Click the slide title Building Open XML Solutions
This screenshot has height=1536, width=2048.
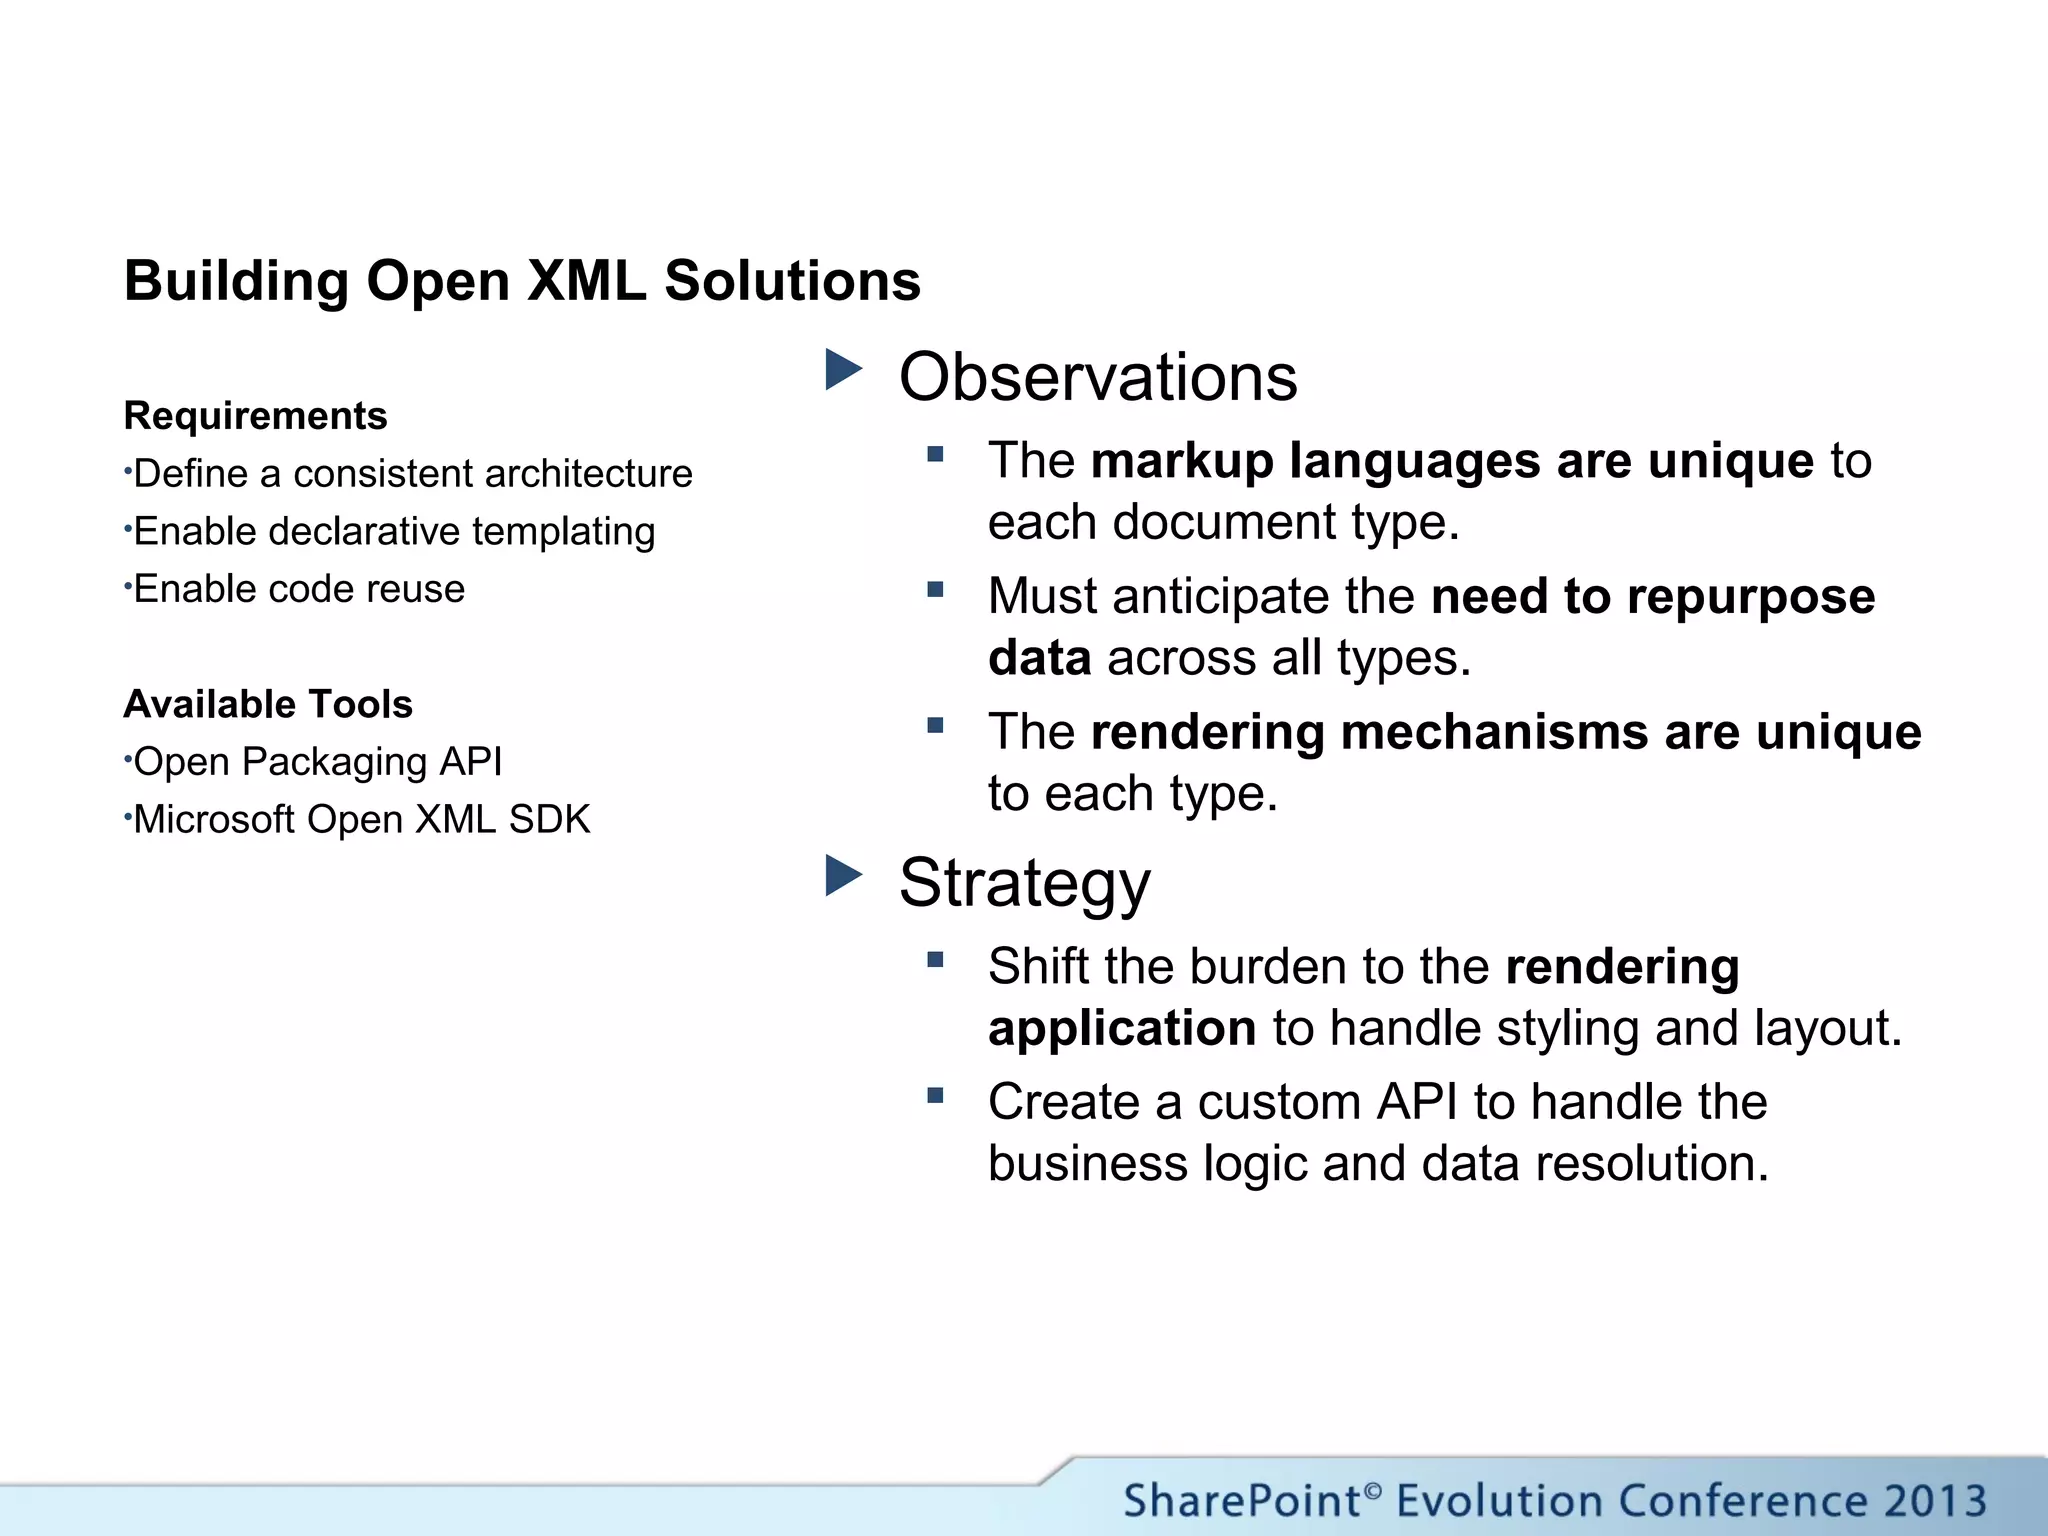[522, 281]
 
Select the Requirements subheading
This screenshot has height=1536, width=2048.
[255, 416]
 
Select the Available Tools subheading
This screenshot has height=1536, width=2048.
[268, 705]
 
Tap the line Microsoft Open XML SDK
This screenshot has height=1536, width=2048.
[361, 820]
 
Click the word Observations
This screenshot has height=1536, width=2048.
[1097, 378]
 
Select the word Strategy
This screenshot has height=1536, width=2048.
[1024, 883]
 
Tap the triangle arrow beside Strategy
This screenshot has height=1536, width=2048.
[843, 876]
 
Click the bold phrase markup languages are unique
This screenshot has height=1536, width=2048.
[1451, 461]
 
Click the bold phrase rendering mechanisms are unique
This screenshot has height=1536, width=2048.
[1505, 732]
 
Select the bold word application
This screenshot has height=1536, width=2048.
[1121, 1029]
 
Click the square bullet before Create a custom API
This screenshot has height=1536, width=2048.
[935, 1096]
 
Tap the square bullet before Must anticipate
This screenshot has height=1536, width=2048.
[935, 590]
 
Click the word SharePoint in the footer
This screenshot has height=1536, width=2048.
[1241, 1501]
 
